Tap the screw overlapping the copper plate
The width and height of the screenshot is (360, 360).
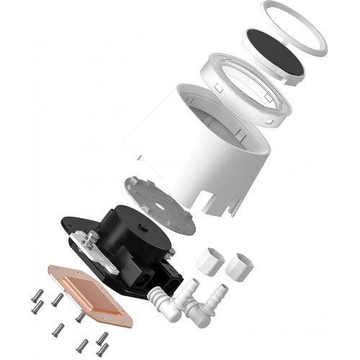(78, 315)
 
